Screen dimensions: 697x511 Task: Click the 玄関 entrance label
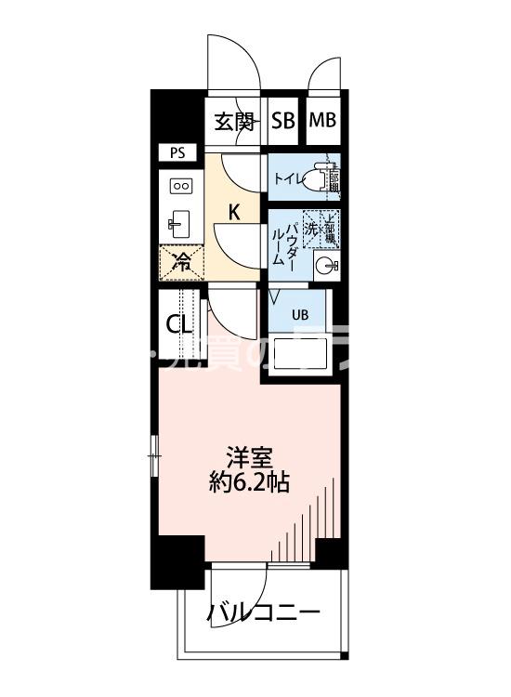[234, 121]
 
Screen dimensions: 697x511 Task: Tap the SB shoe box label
[283, 121]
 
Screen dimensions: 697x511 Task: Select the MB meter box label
[322, 121]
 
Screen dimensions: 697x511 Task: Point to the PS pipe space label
[177, 152]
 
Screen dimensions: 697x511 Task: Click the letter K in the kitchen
[235, 212]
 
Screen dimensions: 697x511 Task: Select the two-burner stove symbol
[180, 186]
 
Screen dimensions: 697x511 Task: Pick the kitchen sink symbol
[179, 223]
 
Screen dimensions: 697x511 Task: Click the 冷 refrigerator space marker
[183, 261]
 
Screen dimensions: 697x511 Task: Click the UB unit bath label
[299, 313]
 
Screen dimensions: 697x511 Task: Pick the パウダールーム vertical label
[284, 243]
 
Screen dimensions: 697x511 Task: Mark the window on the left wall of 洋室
[154, 454]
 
